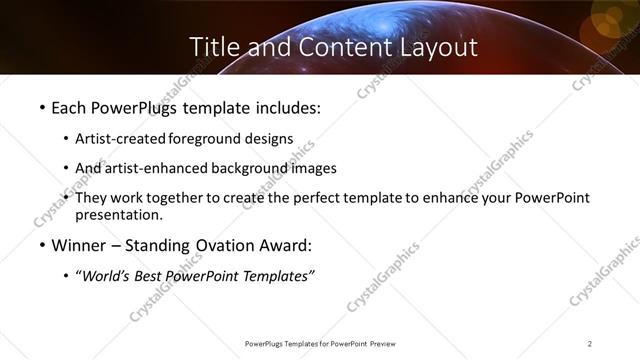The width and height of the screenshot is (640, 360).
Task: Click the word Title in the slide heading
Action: [x=212, y=46]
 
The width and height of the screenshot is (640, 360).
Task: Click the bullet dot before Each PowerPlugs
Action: [x=41, y=106]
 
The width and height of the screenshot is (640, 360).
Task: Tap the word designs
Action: [x=268, y=139]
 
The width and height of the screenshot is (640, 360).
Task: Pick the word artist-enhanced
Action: [x=154, y=168]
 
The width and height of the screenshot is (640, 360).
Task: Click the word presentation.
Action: [x=118, y=214]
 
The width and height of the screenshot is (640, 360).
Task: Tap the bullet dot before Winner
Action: [x=41, y=246]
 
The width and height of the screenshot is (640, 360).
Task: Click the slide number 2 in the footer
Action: [x=590, y=344]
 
